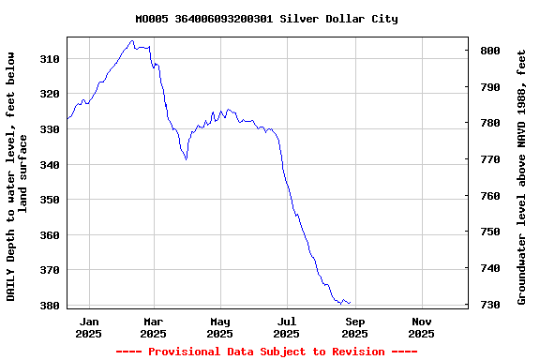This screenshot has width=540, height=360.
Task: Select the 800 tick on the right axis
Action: [x=489, y=51]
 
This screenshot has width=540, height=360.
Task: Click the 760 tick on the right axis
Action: [x=489, y=196]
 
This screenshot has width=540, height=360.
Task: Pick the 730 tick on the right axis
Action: [x=489, y=305]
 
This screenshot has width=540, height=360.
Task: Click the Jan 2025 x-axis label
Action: [x=89, y=327]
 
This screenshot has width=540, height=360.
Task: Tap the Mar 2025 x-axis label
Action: [x=153, y=327]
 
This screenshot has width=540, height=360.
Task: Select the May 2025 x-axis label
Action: [x=219, y=327]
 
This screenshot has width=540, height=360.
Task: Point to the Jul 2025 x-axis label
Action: [x=287, y=327]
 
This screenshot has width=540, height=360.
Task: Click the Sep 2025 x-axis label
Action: [x=354, y=327]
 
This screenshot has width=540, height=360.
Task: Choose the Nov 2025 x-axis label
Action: [x=422, y=327]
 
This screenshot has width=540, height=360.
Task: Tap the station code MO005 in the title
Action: [x=151, y=19]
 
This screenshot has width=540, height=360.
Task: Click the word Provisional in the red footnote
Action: [x=182, y=352]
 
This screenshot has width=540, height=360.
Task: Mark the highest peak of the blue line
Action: [x=132, y=41]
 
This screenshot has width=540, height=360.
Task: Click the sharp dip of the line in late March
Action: [x=186, y=158]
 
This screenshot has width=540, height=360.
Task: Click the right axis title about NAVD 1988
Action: [x=521, y=177]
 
